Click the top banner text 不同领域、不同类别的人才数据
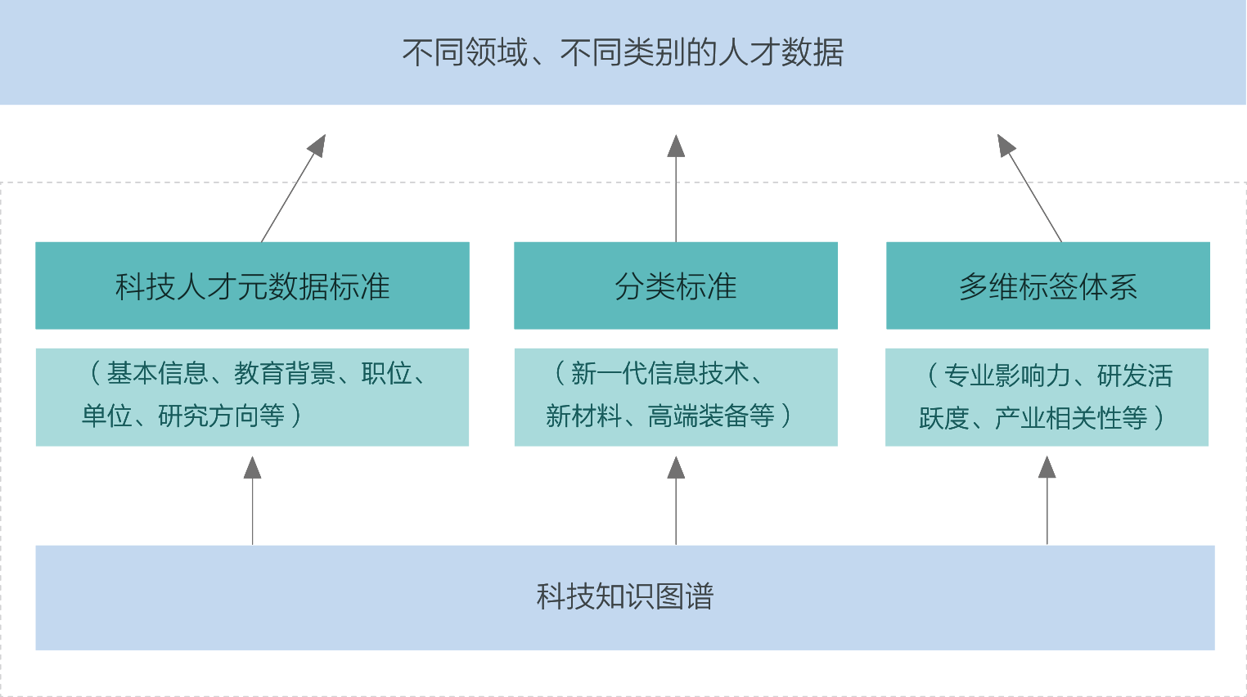tap(623, 52)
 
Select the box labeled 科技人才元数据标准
tap(252, 286)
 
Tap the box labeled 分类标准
tap(675, 286)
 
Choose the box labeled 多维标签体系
tap(1047, 286)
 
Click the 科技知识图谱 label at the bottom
tap(624, 596)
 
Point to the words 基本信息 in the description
tap(157, 374)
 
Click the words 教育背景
tap(285, 374)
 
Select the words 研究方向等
tap(221, 416)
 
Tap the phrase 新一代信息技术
tap(660, 374)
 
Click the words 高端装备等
tap(711, 416)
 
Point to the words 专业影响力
tap(1007, 375)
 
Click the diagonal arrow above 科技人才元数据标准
tap(294, 187)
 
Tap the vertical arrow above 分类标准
tap(676, 187)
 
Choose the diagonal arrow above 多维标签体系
tap(1029, 187)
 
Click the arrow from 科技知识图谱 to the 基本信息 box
tap(253, 500)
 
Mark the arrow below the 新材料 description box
tap(676, 500)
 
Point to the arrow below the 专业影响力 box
tap(1047, 500)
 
